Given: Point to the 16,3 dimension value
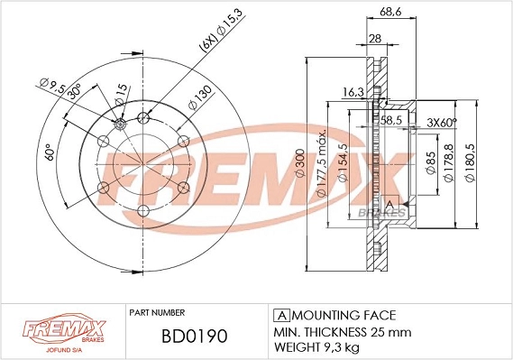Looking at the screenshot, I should [x=353, y=91].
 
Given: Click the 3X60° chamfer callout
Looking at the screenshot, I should [x=441, y=123].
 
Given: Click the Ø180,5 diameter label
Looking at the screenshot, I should [x=470, y=163].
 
